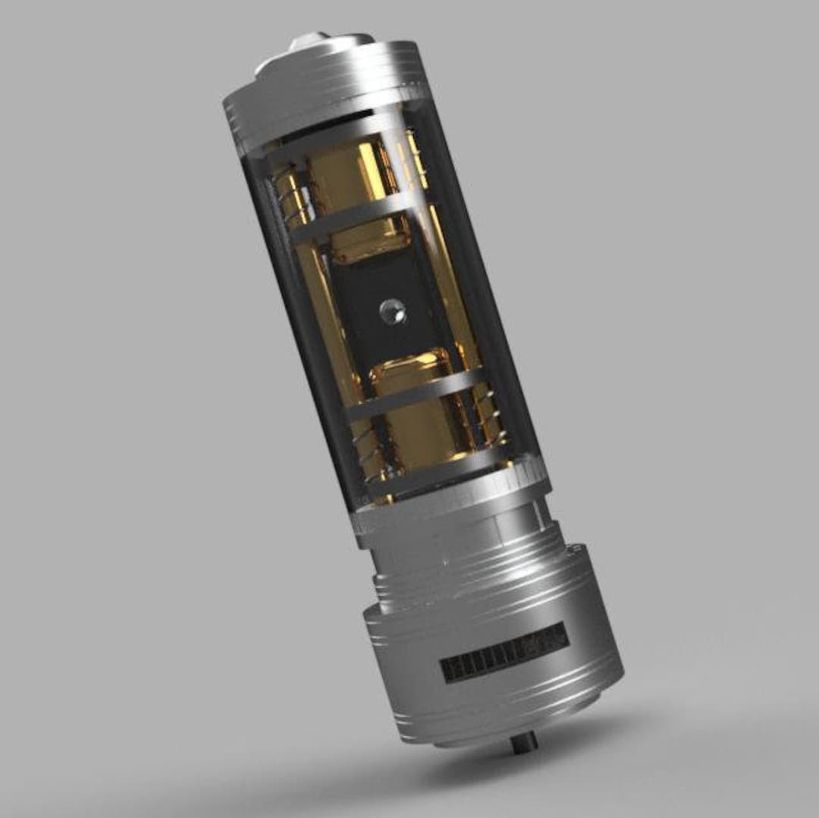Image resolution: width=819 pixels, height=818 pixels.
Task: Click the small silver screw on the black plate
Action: (391, 310)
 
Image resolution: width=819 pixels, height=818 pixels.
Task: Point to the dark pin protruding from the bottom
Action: (524, 741)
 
